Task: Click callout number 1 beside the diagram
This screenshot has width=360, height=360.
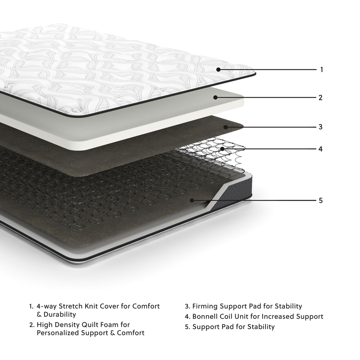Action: [x=321, y=70]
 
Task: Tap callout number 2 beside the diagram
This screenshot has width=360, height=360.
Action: [x=321, y=97]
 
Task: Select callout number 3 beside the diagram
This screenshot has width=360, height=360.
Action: [x=321, y=127]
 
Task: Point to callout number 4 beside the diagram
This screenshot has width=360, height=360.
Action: [x=321, y=149]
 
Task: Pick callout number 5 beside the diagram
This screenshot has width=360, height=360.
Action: [x=321, y=200]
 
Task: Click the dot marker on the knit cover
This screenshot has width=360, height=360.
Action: [x=218, y=70]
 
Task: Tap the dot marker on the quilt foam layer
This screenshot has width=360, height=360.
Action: [x=215, y=97]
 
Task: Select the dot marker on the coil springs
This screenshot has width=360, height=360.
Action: [x=222, y=148]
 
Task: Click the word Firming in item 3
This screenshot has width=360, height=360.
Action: [x=205, y=307]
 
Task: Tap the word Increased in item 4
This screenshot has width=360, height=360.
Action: [x=277, y=316]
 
